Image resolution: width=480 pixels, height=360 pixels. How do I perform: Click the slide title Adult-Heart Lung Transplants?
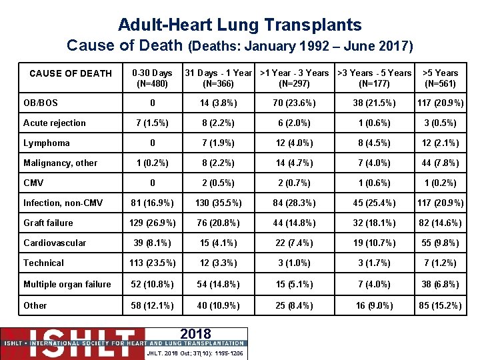click(x=240, y=25)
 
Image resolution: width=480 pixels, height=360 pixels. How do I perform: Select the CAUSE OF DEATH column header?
click(x=71, y=73)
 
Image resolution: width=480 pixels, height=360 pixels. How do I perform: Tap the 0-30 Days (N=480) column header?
click(x=152, y=79)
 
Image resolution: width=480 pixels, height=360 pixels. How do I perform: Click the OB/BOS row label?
click(x=40, y=103)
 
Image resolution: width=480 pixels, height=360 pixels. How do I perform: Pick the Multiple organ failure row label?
click(x=67, y=284)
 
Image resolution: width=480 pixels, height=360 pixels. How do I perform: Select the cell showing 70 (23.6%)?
click(x=294, y=103)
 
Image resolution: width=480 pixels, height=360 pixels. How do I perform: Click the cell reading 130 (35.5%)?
click(x=219, y=203)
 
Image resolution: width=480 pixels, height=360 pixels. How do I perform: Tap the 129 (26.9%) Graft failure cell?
click(x=152, y=223)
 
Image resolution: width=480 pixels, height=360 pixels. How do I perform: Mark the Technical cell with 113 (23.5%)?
click(x=152, y=263)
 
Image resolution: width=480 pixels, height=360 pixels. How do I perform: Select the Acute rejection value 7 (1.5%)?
click(x=152, y=123)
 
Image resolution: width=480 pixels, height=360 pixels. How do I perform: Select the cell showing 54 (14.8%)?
click(x=219, y=284)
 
